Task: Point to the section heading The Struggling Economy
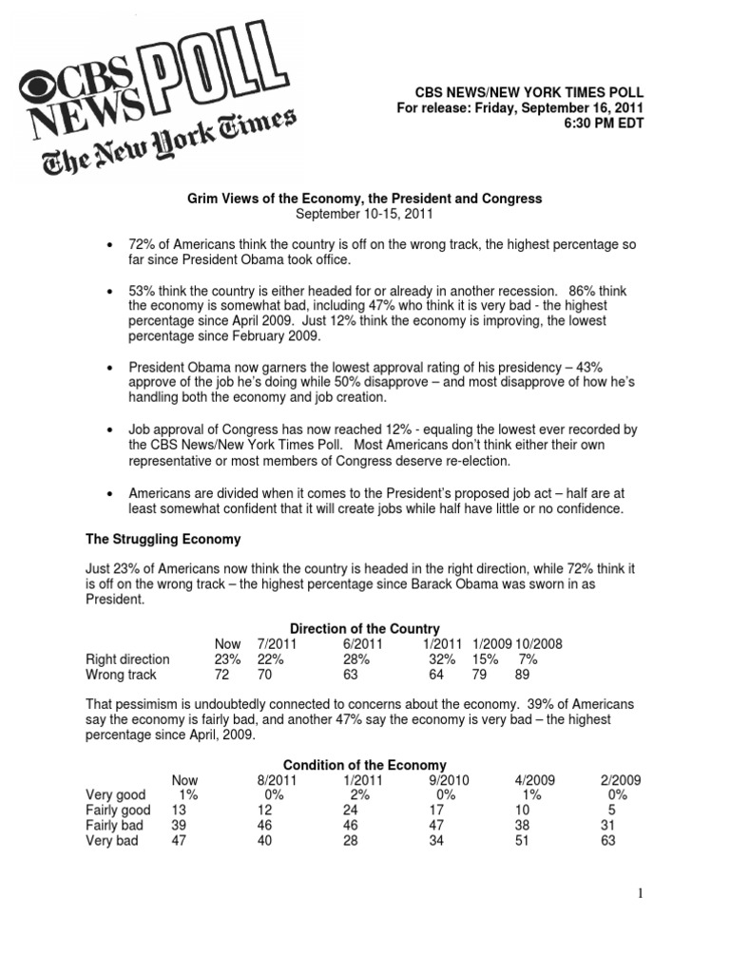(163, 539)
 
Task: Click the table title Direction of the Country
(364, 628)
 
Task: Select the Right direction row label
(127, 658)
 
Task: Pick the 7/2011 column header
(277, 643)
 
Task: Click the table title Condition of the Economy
(364, 765)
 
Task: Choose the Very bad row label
(113, 840)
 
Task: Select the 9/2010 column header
(445, 780)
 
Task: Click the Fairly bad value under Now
(180, 825)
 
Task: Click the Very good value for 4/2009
(531, 794)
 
